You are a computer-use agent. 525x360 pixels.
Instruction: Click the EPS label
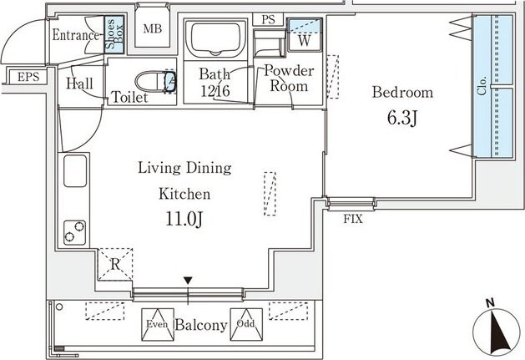click(x=28, y=77)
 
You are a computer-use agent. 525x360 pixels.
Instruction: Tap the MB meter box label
click(x=153, y=29)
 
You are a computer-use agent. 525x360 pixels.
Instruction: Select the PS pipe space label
click(x=268, y=19)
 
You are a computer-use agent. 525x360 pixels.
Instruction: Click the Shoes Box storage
click(x=114, y=34)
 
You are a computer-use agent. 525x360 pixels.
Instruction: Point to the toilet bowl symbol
click(x=155, y=81)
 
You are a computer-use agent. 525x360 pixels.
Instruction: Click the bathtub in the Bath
click(x=216, y=39)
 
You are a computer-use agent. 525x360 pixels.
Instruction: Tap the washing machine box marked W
click(x=305, y=35)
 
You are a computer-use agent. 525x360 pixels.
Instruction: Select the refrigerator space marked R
click(x=115, y=265)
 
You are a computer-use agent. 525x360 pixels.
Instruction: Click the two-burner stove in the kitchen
click(x=74, y=232)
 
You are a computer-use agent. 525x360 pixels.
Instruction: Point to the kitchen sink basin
click(x=75, y=171)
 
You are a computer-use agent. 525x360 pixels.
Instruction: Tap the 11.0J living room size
click(x=184, y=219)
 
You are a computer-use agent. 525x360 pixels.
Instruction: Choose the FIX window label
click(x=353, y=219)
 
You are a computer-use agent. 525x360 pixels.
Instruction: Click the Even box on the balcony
click(x=158, y=324)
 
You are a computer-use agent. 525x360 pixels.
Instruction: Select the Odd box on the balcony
click(x=246, y=324)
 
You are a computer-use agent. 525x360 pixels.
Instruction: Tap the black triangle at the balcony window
click(x=188, y=281)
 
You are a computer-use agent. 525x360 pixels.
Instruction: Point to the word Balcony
click(x=201, y=325)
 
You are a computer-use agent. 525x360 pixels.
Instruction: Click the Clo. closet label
click(x=482, y=86)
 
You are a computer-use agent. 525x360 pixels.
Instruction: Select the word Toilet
click(x=129, y=97)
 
